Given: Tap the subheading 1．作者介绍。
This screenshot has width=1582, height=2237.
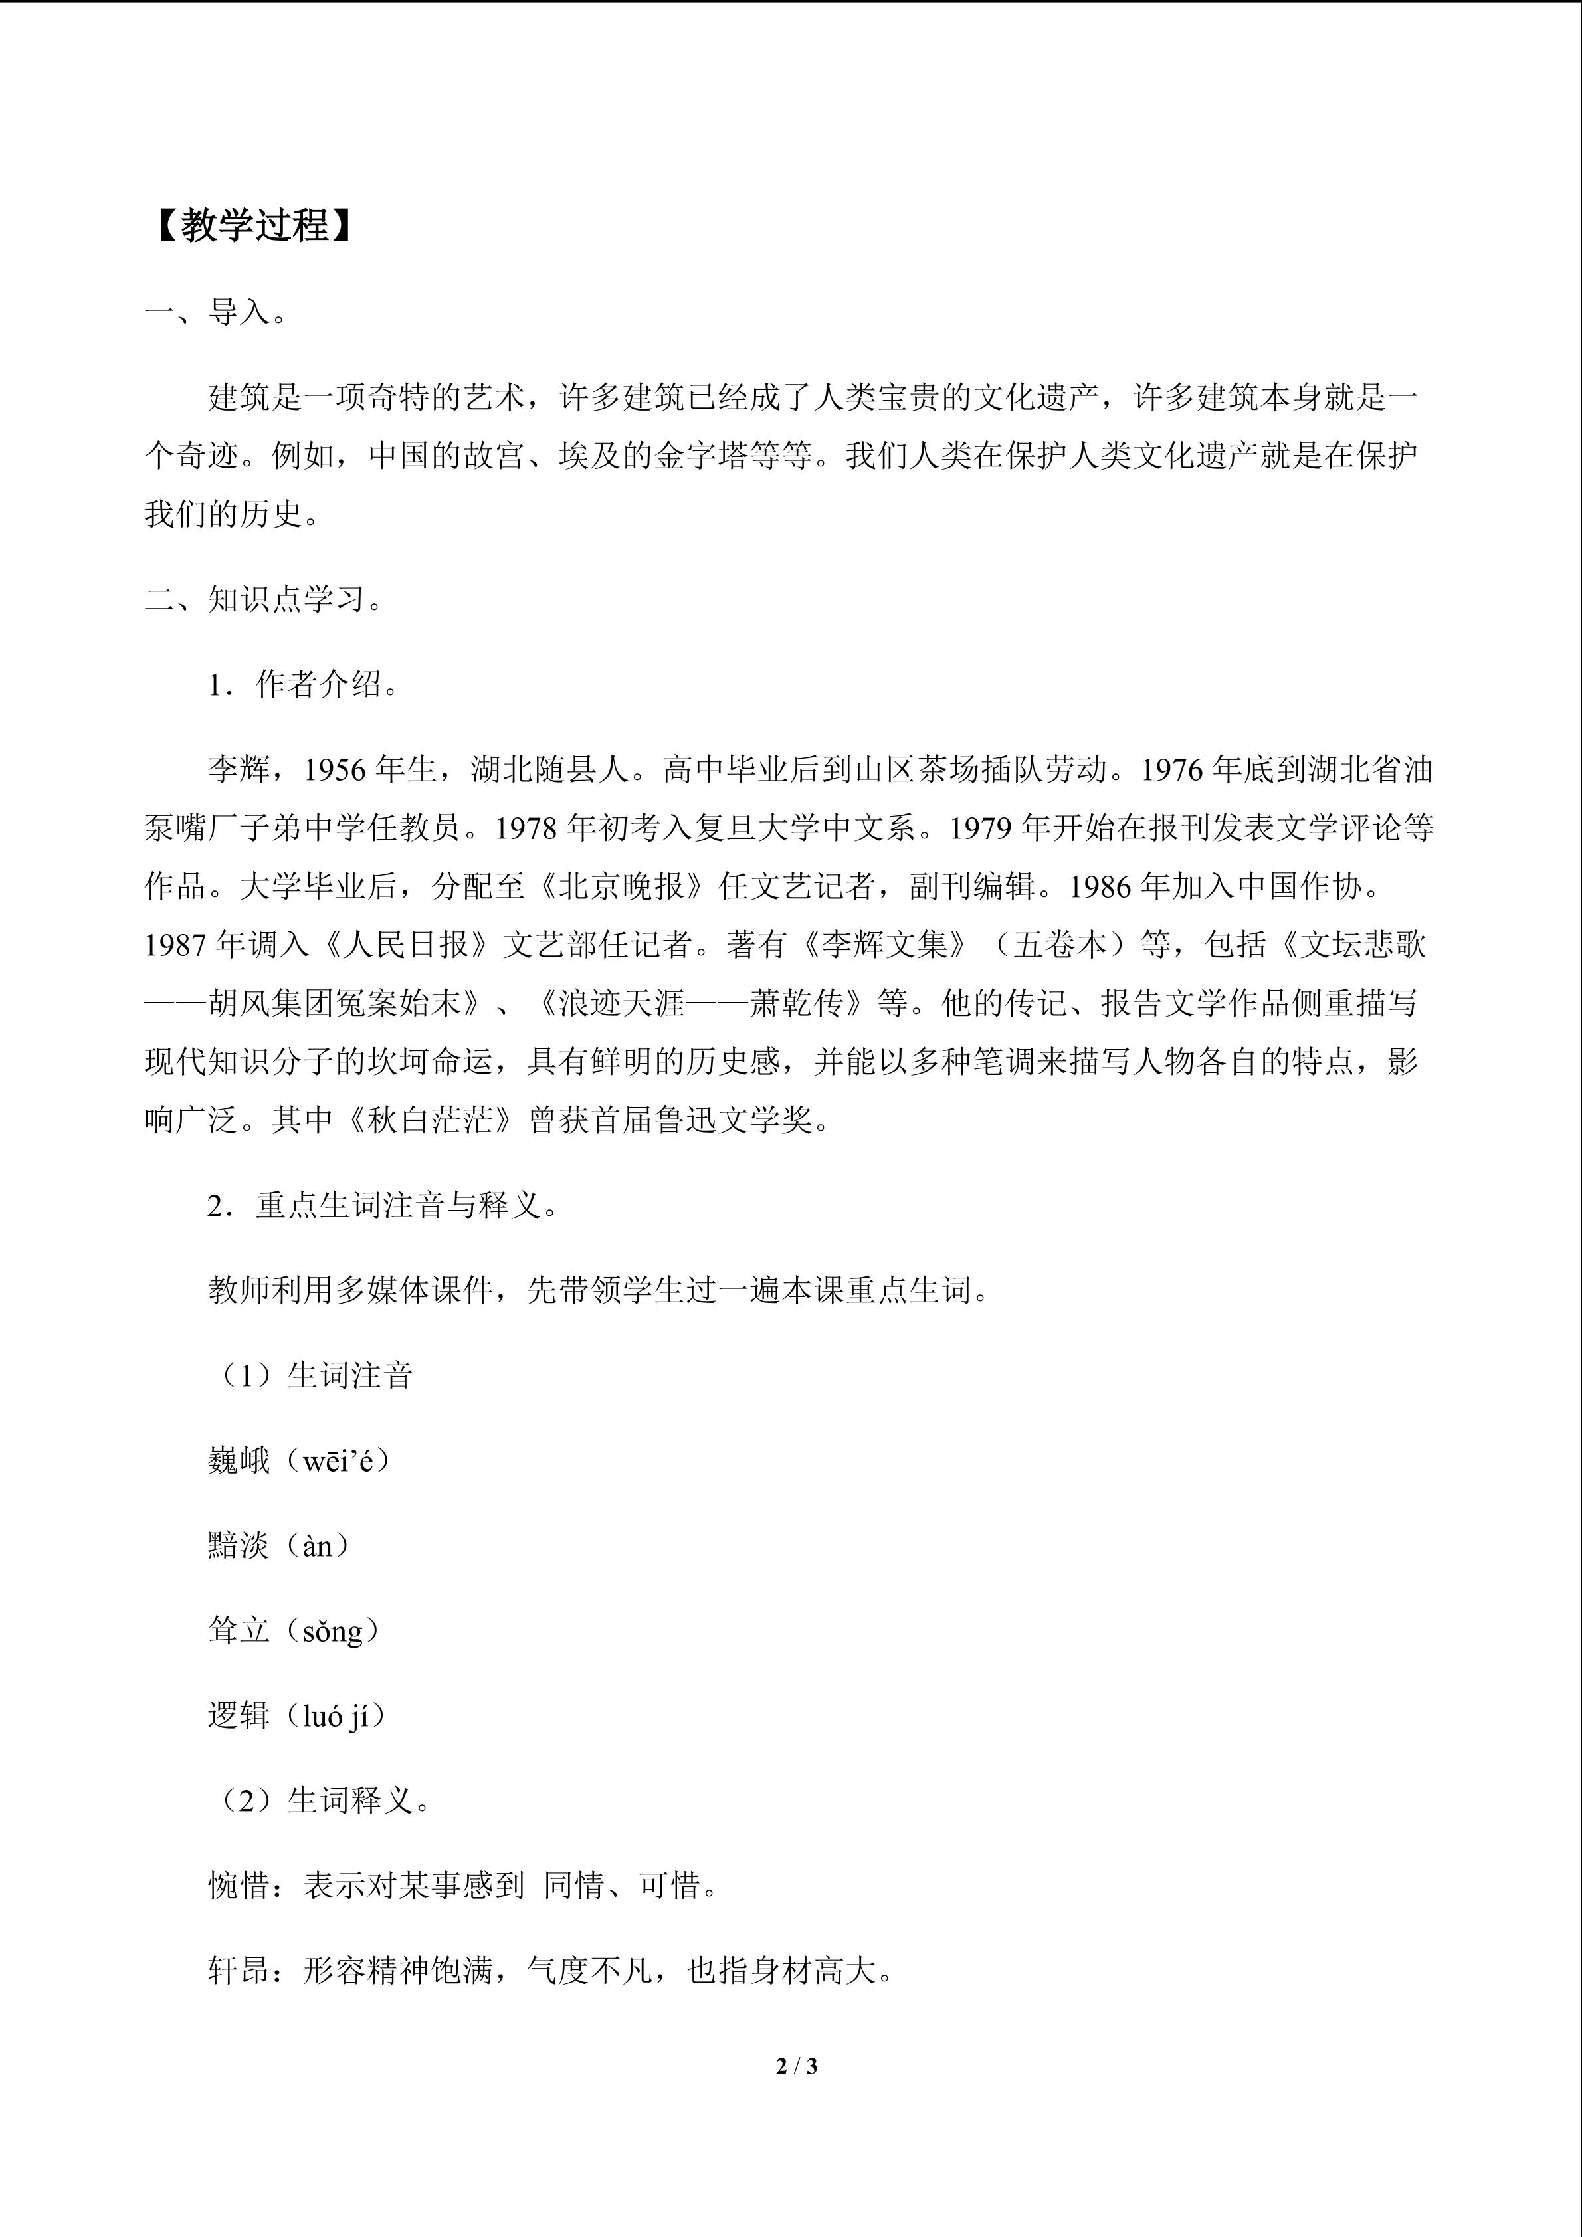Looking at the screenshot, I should (x=303, y=685).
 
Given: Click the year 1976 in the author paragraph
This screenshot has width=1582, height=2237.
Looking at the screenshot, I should (x=1174, y=771).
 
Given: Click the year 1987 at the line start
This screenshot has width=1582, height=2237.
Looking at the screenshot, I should (x=176, y=945).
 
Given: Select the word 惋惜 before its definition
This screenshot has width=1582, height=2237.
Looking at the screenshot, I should (x=239, y=1886).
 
